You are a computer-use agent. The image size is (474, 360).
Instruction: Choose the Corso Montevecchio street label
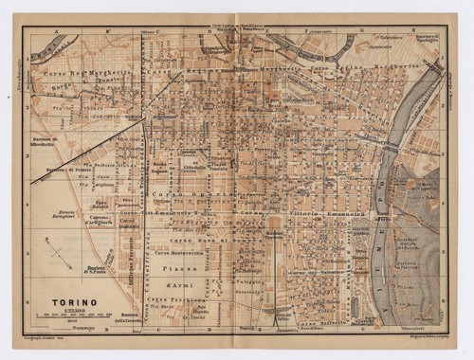(175, 255)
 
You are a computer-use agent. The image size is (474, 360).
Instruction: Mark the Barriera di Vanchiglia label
(418, 45)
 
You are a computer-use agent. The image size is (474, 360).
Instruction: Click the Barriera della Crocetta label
(129, 318)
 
